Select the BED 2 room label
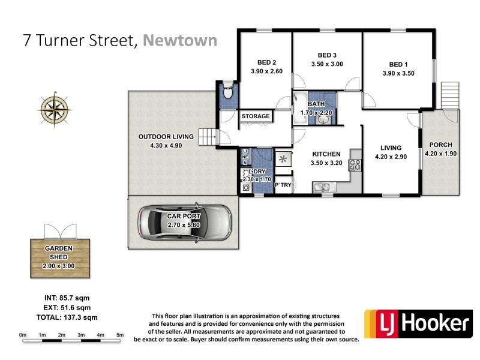point(266,62)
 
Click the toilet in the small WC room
point(227,94)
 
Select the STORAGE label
point(256,116)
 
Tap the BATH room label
point(316,104)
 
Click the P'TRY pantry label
point(283,185)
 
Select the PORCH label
point(441,145)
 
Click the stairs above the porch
point(450,94)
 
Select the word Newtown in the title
point(181,40)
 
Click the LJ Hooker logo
point(418,324)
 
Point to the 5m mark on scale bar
point(120,335)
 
